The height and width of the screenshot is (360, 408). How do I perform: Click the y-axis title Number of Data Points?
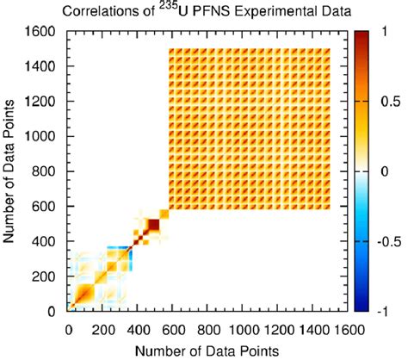tap(13, 171)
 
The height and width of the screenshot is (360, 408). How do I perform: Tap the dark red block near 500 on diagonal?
tap(153, 226)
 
